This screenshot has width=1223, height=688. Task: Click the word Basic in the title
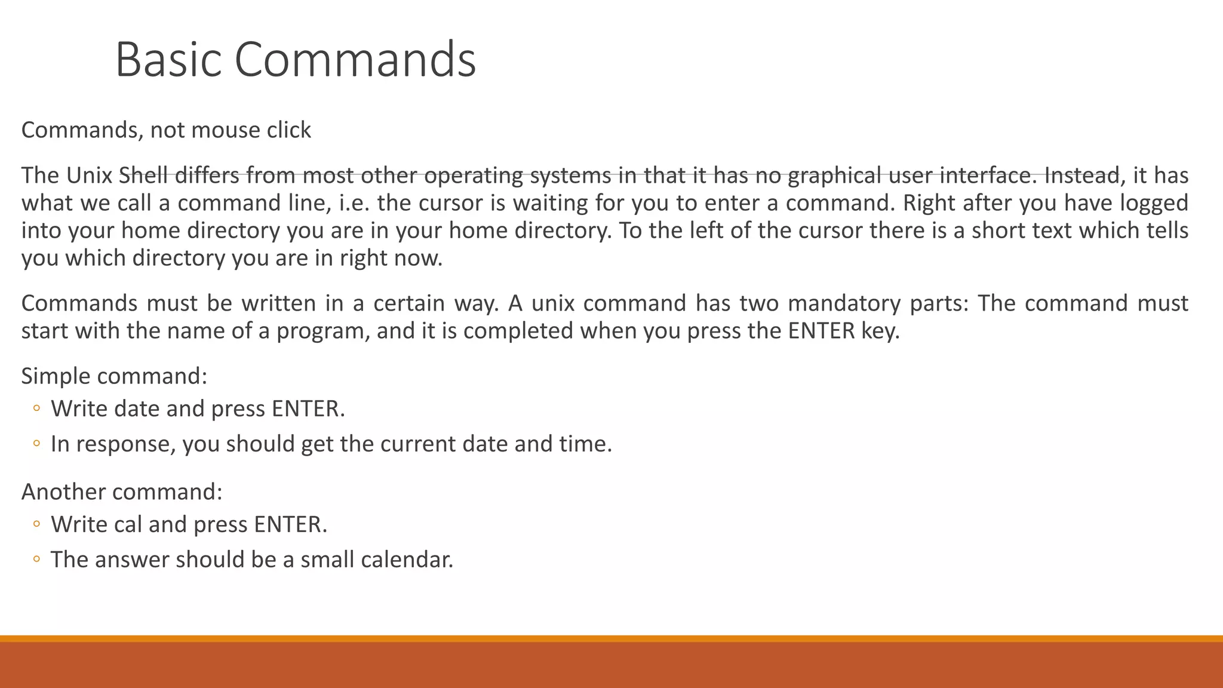pyautogui.click(x=168, y=59)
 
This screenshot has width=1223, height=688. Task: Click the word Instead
pyautogui.click(x=1081, y=176)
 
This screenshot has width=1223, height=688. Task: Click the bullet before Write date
pyautogui.click(x=36, y=409)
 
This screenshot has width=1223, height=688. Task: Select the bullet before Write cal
pyautogui.click(x=36, y=524)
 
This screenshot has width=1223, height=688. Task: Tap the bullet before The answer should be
pyautogui.click(x=36, y=560)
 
